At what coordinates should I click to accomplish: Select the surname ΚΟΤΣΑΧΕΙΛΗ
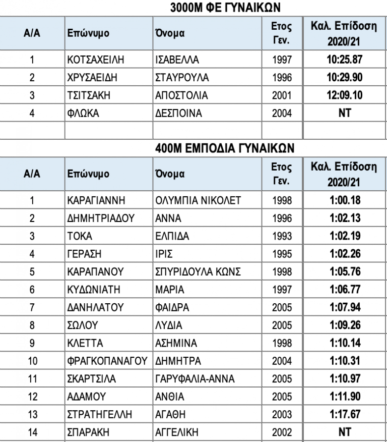click(96, 60)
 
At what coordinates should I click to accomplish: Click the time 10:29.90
click(345, 78)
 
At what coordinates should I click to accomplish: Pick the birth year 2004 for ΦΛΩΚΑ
click(282, 113)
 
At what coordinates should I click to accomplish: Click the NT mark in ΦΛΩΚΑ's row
click(345, 113)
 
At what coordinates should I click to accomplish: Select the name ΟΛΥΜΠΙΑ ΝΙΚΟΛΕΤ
click(198, 200)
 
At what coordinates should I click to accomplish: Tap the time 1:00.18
click(345, 200)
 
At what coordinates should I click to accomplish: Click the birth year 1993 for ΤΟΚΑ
click(282, 236)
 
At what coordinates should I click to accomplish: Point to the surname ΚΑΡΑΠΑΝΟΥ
click(95, 272)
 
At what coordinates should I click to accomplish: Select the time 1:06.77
click(345, 290)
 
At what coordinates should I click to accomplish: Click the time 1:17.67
click(345, 414)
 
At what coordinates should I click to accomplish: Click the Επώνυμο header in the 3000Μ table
click(88, 33)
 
